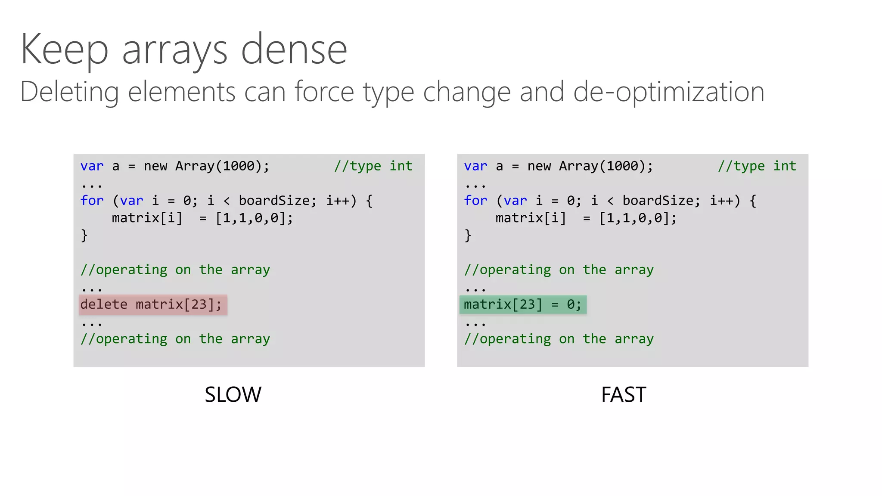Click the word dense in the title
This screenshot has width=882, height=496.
click(294, 50)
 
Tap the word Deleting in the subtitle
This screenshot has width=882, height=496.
click(69, 92)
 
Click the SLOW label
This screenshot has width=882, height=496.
click(233, 394)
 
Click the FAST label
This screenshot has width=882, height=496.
click(623, 394)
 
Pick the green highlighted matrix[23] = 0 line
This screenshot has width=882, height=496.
click(523, 305)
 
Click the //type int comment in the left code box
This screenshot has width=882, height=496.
click(373, 166)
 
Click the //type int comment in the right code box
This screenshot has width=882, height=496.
click(757, 166)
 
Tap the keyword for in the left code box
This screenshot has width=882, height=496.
click(92, 201)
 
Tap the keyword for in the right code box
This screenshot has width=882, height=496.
click(475, 201)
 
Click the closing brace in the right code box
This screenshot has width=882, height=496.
click(468, 236)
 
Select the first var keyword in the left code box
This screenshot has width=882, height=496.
click(92, 166)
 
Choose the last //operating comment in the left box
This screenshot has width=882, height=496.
click(175, 339)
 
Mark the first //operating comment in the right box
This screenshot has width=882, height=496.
click(559, 270)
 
